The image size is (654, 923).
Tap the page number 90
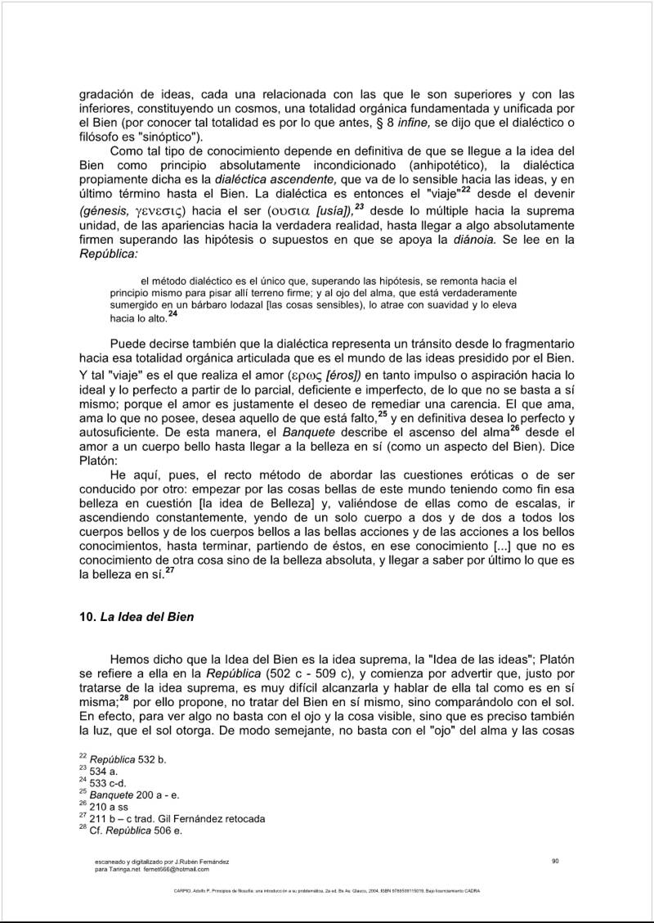555,859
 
